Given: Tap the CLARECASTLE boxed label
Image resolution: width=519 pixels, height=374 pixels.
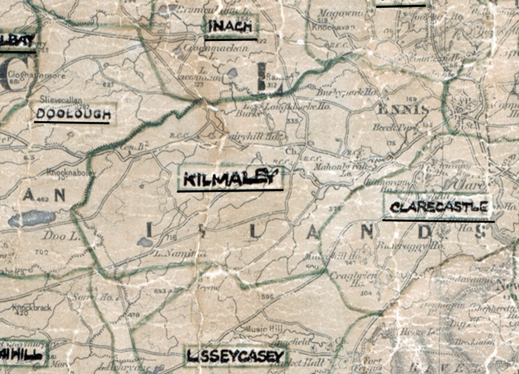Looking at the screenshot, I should click(x=438, y=207).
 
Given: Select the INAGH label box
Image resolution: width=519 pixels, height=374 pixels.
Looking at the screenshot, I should click(x=231, y=26).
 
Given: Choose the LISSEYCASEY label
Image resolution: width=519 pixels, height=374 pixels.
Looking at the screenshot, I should click(x=236, y=356).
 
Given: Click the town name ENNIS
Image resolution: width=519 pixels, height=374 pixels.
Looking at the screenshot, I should click(x=403, y=109).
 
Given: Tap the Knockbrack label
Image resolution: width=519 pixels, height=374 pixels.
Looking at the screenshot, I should click(x=32, y=308).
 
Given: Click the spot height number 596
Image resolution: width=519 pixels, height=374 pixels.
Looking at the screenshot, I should click(x=265, y=297).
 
